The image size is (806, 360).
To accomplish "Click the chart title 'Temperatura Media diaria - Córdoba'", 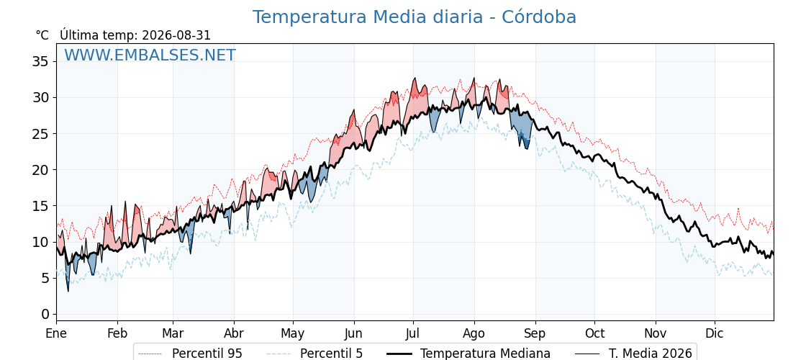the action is [415, 17].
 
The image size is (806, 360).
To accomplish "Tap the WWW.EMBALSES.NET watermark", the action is [150, 55].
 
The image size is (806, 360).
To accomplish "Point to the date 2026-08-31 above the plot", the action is [176, 35].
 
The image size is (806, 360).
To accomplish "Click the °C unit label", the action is [42, 35].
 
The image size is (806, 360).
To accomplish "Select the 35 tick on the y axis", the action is [40, 62].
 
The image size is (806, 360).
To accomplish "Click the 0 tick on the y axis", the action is [45, 314].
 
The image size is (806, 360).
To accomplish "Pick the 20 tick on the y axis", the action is [40, 170].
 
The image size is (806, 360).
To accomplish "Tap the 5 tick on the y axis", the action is [45, 278].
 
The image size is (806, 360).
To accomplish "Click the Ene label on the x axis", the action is [56, 333].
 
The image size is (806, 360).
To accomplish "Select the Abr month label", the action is [234, 333].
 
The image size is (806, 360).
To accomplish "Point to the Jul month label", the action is [413, 333].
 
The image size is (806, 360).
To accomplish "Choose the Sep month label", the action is [535, 333].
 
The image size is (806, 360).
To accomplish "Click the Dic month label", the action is [715, 333].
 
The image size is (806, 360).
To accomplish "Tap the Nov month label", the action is [656, 333].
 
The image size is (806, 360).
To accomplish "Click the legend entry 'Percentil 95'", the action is [207, 354].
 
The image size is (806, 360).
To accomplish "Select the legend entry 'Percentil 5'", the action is [331, 354].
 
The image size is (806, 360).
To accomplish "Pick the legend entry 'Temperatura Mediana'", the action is [485, 354].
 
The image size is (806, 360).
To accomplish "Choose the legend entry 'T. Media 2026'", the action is [651, 354].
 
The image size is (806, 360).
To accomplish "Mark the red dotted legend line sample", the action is [150, 354].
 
